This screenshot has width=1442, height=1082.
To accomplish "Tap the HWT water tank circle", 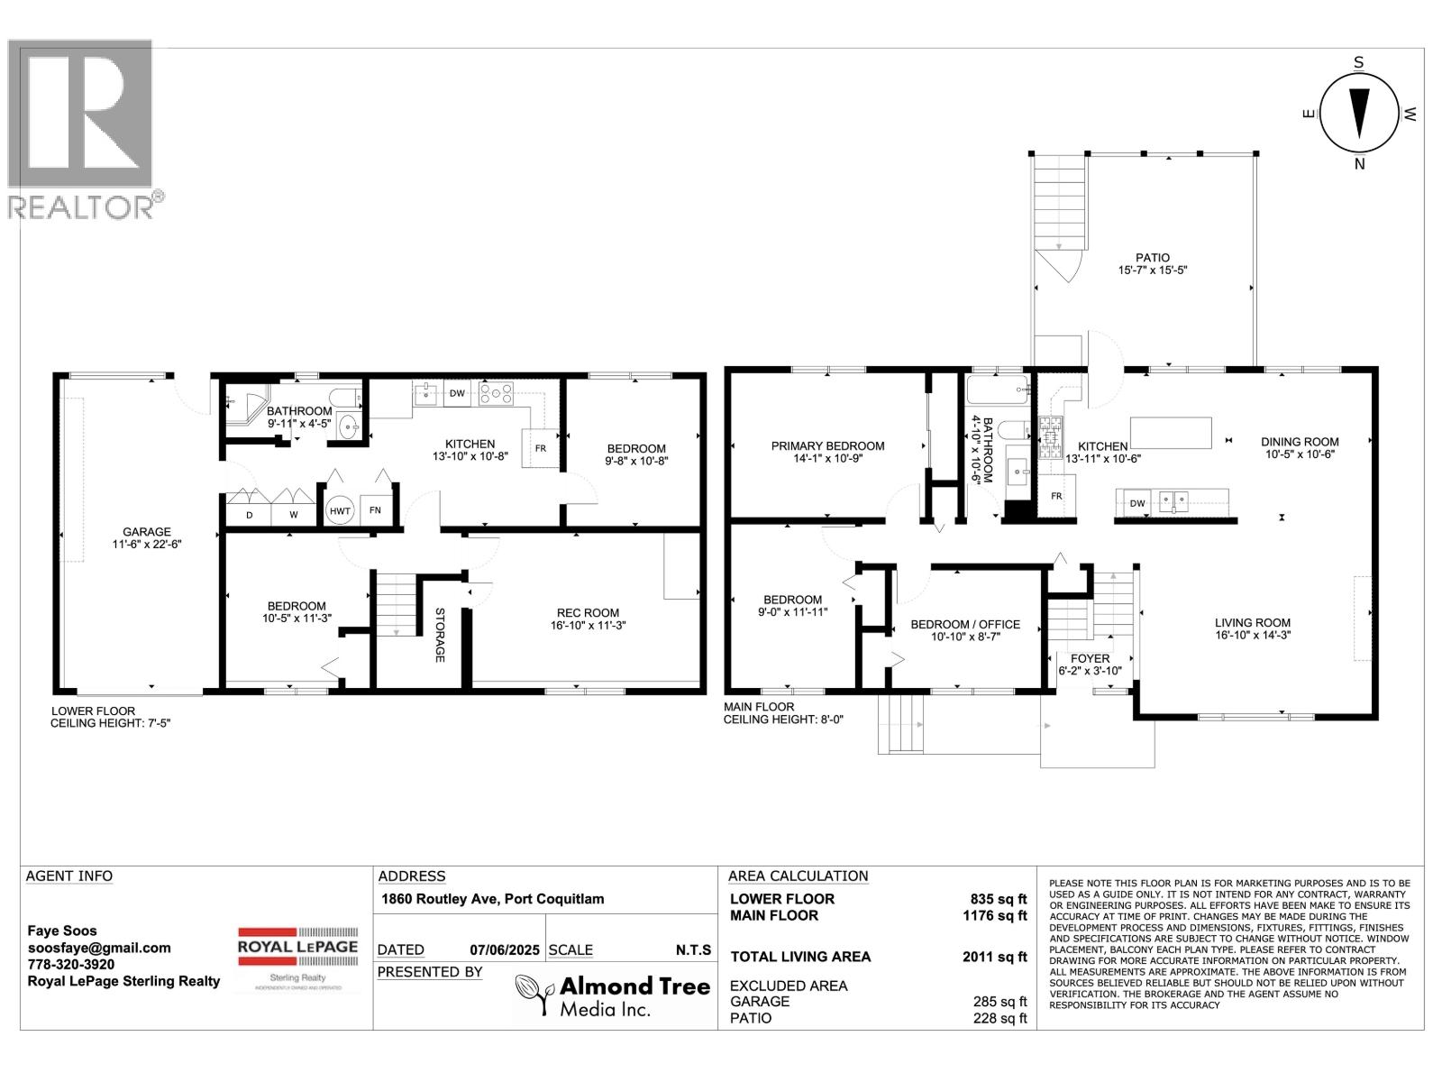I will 340,510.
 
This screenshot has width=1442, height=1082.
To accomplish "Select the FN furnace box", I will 375,510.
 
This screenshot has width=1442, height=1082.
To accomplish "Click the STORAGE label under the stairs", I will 440,635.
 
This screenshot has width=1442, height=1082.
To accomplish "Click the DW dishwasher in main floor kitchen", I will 1136,502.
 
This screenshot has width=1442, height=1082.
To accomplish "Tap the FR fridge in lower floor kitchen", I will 541,448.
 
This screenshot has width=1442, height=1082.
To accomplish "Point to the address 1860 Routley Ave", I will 492,899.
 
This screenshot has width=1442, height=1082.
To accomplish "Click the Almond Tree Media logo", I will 612,995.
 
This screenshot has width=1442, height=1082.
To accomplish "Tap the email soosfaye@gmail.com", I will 99,948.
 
